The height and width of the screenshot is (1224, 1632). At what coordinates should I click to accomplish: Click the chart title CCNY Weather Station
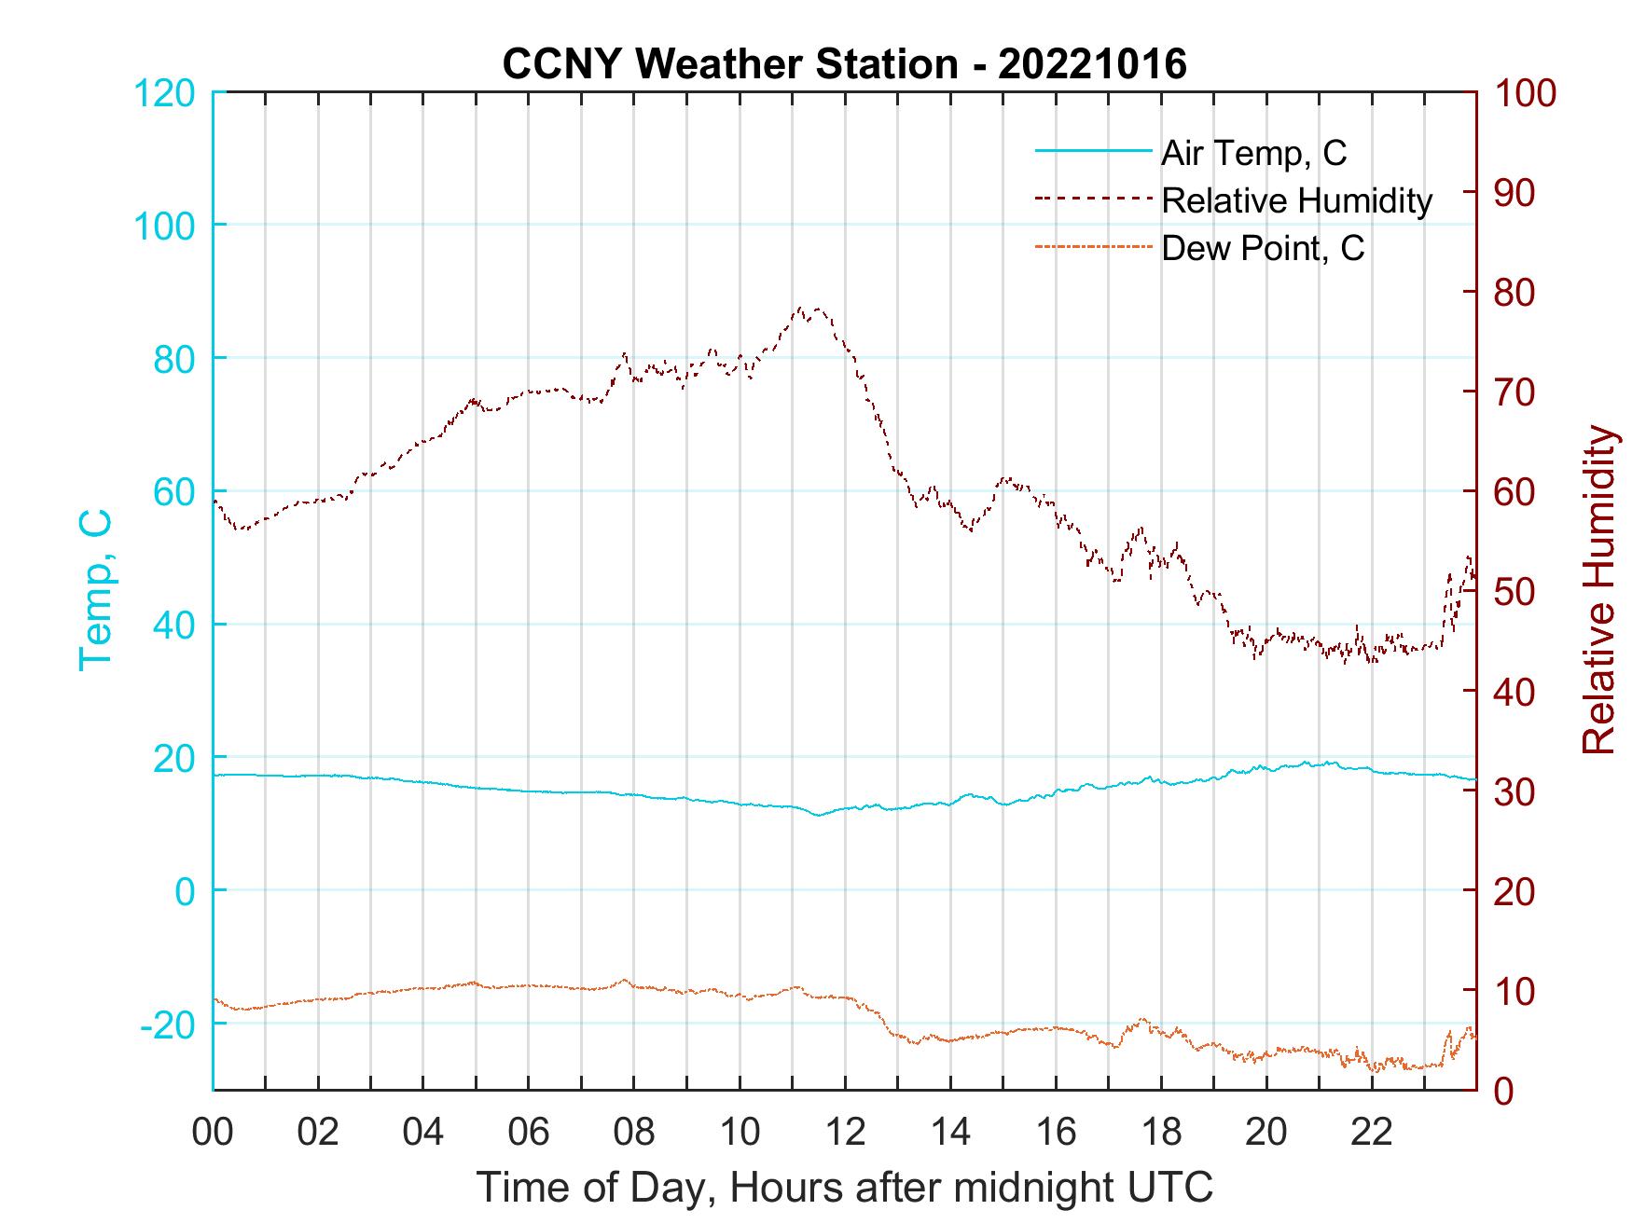(729, 64)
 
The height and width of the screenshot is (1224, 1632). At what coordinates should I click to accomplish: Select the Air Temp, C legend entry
(1253, 152)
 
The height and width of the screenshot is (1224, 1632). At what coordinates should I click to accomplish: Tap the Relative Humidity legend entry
(1296, 199)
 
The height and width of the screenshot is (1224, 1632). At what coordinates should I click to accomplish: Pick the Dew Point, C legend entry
(1263, 248)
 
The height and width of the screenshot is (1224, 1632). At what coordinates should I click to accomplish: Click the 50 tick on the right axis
(1515, 592)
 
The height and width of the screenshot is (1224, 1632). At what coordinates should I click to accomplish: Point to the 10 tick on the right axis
(1515, 990)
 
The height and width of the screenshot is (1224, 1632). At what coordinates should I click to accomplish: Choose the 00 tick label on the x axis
(213, 1133)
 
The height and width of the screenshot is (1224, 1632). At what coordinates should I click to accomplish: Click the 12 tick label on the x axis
(845, 1133)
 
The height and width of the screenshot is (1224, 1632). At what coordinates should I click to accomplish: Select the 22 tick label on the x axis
(1372, 1133)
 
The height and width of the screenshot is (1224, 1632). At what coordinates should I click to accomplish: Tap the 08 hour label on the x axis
(634, 1133)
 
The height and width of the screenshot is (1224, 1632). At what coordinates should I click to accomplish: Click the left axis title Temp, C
(95, 589)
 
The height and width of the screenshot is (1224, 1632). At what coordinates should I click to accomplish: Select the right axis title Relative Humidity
(1598, 589)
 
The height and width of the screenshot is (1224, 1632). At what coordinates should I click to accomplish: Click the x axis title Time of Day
(845, 1188)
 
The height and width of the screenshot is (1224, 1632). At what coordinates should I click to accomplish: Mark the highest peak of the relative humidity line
(801, 308)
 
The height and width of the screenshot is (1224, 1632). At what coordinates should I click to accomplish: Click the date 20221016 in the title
(1093, 64)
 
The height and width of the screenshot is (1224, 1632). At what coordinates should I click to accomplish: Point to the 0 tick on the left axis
(185, 891)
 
